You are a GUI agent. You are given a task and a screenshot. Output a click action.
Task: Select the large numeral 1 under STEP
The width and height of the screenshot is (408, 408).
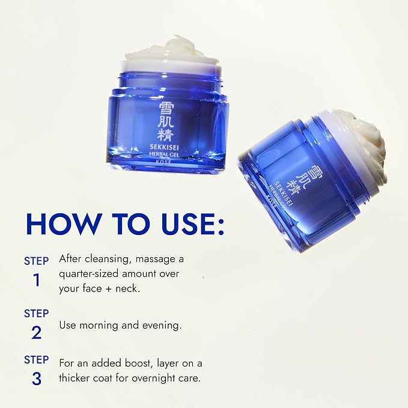coord(37,280)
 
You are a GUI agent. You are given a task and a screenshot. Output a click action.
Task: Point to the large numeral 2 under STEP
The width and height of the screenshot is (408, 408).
coord(37,332)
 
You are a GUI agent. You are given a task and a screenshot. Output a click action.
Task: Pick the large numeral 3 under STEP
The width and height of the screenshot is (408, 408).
coord(37,379)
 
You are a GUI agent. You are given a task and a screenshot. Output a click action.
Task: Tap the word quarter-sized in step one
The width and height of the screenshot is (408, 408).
coord(88,274)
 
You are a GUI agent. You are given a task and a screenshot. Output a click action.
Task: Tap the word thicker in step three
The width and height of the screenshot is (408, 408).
coord(74,377)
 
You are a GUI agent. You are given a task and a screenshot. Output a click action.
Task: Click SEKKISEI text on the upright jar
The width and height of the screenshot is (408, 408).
coord(164,148)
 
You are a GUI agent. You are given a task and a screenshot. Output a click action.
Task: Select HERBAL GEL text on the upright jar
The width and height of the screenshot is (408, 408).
coord(164,154)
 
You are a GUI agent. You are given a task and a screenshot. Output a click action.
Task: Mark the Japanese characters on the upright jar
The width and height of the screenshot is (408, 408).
coord(165,122)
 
